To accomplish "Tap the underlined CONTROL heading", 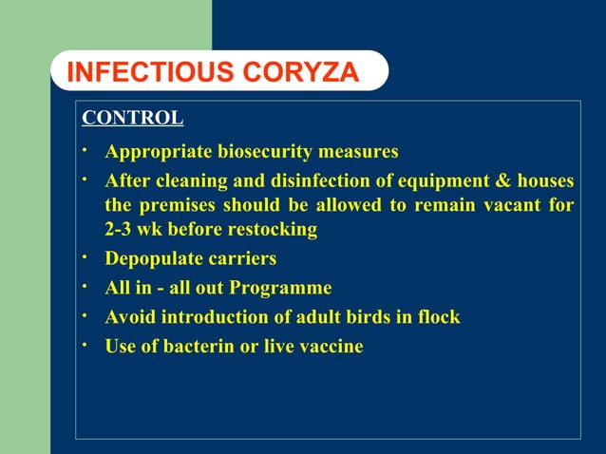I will click(132, 119).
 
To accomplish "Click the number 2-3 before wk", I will click(122, 230).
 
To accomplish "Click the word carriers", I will click(244, 259).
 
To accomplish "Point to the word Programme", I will click(285, 288).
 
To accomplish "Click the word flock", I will click(439, 317).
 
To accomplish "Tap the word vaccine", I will click(331, 347).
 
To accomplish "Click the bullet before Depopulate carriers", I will click(85, 256).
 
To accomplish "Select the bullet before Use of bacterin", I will click(85, 344).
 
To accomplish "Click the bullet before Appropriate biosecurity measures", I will click(85, 149).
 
